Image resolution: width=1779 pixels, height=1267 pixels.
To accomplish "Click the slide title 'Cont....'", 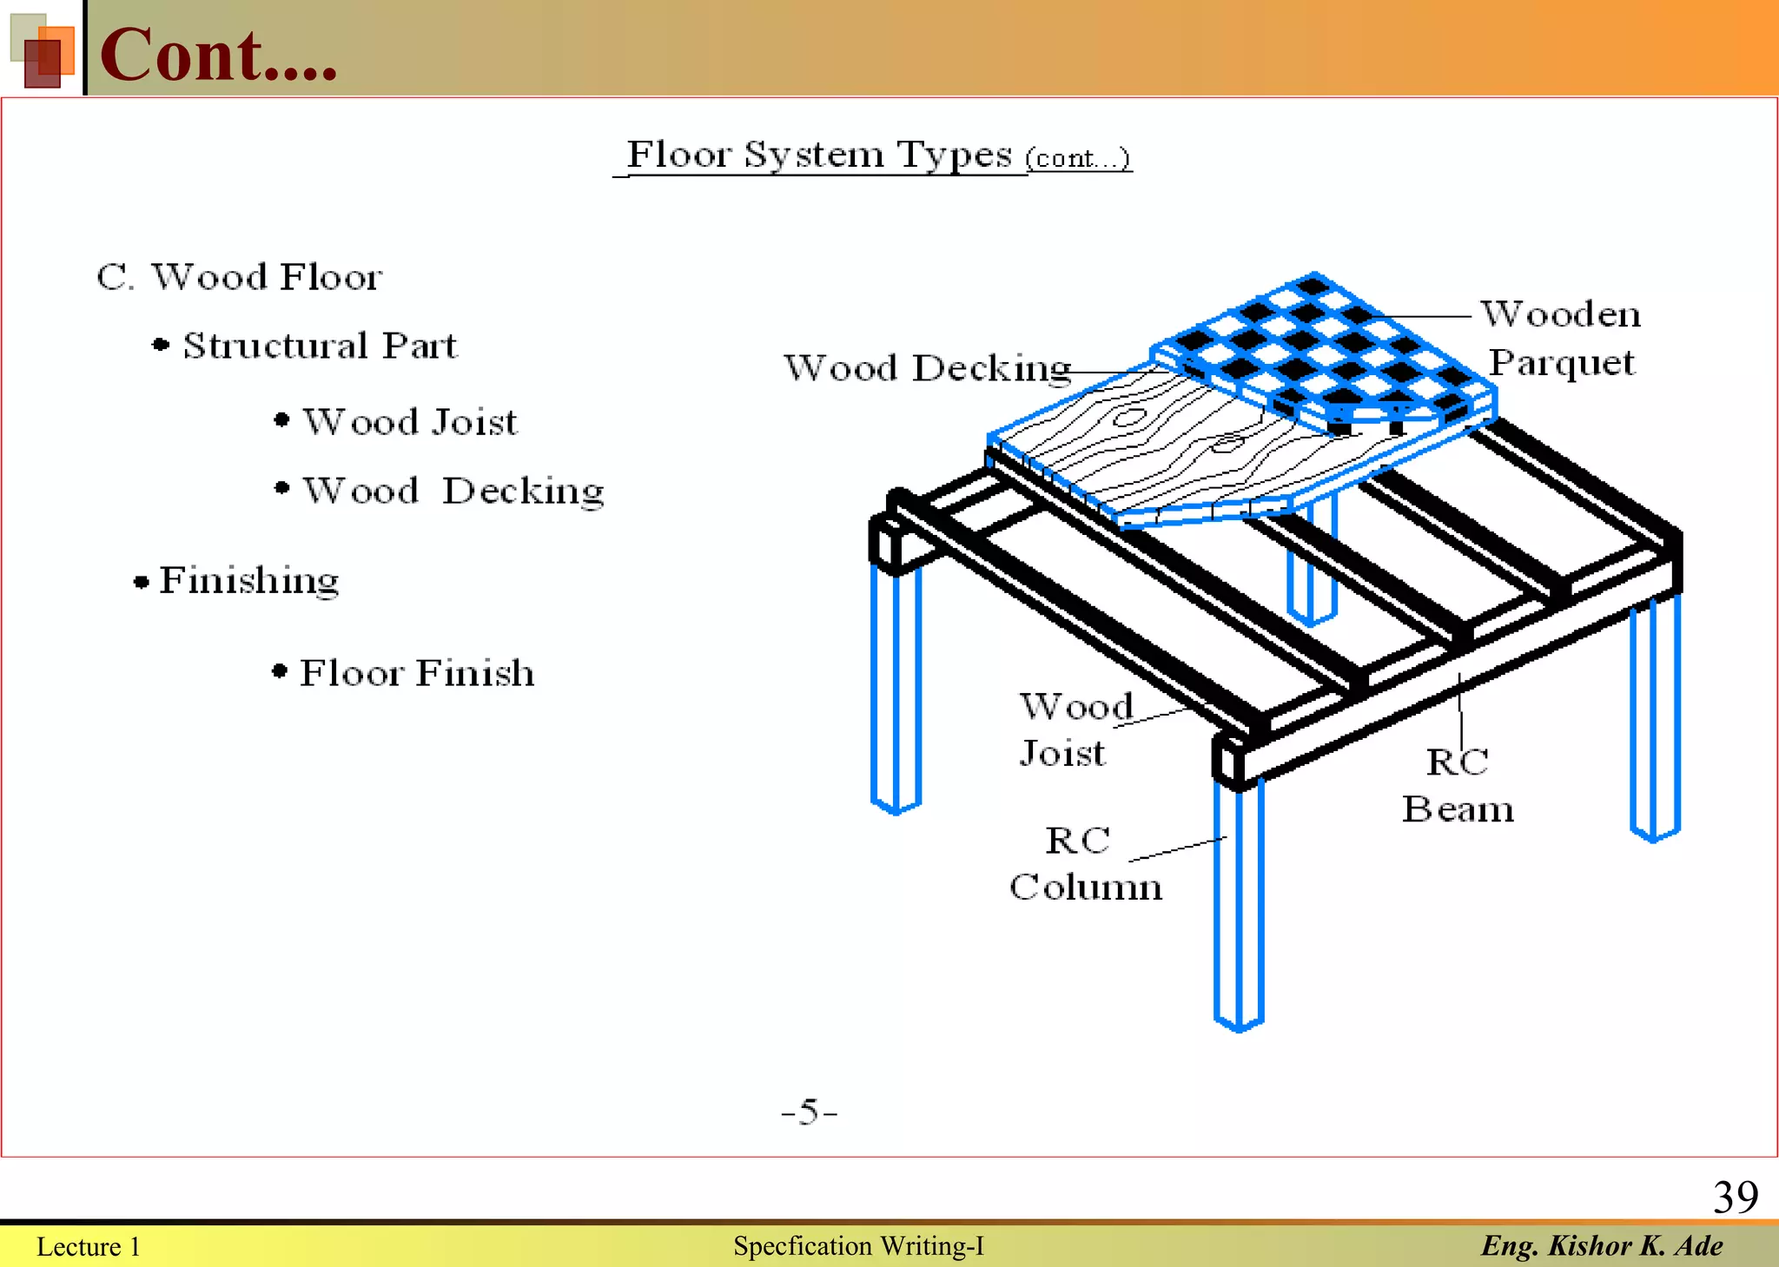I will [x=218, y=55].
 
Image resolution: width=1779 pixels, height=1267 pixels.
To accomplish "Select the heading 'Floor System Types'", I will [x=819, y=155].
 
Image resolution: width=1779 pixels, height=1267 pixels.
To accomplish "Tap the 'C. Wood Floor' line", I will [x=239, y=277].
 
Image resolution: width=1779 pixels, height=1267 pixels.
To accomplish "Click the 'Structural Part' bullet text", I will [x=319, y=346].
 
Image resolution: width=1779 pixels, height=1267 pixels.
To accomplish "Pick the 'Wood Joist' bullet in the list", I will [x=409, y=422].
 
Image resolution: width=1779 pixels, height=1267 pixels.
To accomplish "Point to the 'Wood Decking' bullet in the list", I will [x=453, y=492].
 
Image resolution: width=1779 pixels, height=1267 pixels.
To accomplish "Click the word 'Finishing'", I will [x=248, y=580].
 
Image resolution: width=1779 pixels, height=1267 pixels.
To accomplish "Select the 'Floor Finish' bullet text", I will [x=416, y=673].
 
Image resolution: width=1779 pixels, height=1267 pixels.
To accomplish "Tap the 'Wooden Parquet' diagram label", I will [x=1561, y=338].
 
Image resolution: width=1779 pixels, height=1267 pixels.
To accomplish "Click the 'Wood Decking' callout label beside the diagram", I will [x=927, y=368].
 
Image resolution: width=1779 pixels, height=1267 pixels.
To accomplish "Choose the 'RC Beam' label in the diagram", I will [x=1458, y=786].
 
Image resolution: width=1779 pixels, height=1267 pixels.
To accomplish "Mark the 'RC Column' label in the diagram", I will [x=1085, y=864].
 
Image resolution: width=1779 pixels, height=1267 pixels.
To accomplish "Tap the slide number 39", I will [x=1735, y=1198].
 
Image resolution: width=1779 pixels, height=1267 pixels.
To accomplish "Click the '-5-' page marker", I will [x=809, y=1112].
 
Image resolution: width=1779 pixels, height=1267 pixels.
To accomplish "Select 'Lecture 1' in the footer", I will [x=88, y=1247].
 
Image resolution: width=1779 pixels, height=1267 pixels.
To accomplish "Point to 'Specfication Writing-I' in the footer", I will [x=858, y=1246].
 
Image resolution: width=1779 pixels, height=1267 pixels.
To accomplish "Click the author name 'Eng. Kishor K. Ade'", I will [x=1602, y=1246].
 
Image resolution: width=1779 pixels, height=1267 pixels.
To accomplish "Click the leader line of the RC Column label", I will [x=1177, y=849].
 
